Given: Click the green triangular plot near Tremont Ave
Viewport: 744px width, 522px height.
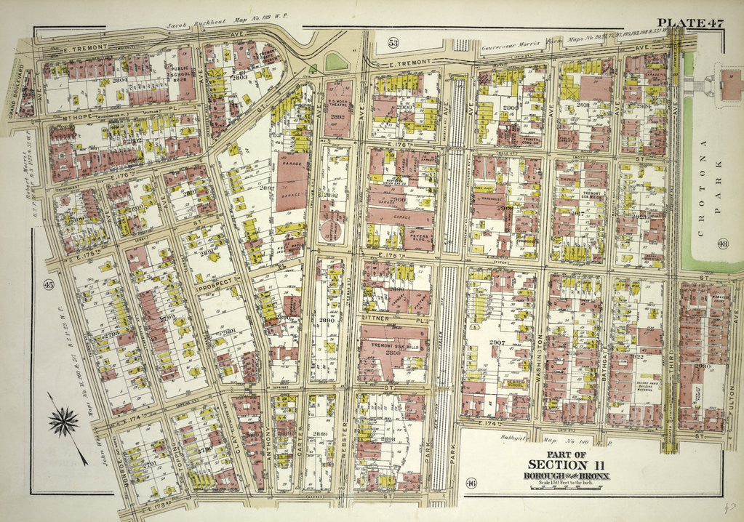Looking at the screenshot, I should tap(336, 63).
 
